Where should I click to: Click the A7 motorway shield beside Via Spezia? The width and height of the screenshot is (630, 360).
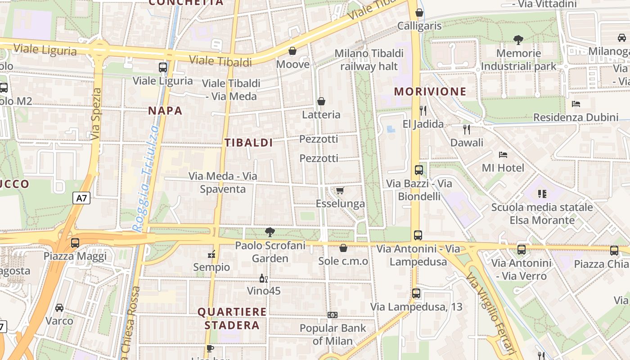81,198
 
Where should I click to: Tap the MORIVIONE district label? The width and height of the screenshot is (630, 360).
430,91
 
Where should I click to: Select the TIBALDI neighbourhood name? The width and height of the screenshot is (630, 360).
249,143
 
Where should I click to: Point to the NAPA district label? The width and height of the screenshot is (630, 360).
165,111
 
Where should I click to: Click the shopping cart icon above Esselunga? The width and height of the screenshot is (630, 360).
340,191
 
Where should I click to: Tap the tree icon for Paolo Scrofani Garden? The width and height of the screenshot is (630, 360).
270,232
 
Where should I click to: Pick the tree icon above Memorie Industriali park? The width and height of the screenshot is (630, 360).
518,40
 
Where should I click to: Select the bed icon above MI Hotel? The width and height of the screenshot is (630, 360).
503,155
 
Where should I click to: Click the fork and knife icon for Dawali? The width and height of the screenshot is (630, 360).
467,130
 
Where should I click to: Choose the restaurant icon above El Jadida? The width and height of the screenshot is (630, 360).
423,110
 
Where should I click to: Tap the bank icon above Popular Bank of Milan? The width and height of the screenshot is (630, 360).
333,315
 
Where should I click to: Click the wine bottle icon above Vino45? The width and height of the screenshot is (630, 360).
264,279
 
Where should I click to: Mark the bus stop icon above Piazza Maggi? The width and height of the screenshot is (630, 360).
75,243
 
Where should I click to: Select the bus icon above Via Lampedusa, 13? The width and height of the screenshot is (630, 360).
416,294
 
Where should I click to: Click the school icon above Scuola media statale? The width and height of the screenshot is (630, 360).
542,194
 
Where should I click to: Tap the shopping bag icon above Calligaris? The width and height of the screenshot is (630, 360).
419,13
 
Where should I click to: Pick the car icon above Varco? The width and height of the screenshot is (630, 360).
59,308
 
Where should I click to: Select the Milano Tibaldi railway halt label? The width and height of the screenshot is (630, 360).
369,60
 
